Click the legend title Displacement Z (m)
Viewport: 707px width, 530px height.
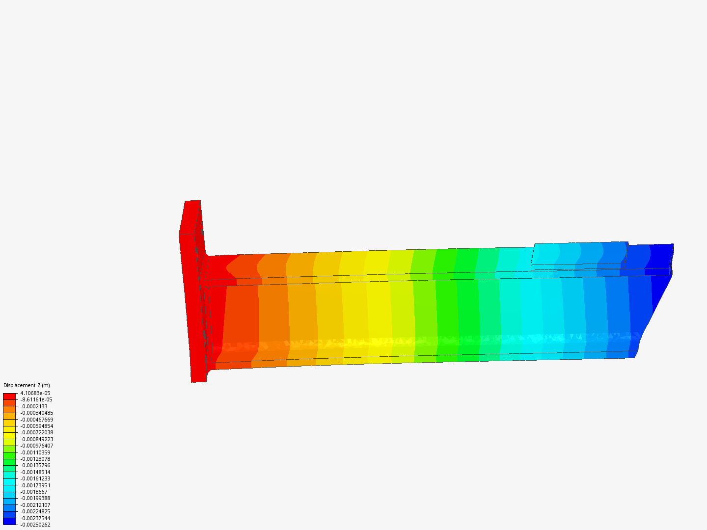pos(27,385)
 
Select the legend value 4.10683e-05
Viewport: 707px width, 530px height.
pos(35,393)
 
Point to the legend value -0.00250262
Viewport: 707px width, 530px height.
pos(35,525)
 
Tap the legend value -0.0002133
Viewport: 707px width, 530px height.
pos(34,406)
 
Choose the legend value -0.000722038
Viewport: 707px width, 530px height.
pos(37,432)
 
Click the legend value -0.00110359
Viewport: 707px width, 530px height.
pos(35,452)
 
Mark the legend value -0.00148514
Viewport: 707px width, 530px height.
pos(35,472)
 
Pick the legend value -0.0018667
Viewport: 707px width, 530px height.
pos(34,492)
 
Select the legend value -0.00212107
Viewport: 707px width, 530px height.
pos(35,505)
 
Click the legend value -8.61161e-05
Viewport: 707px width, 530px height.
pos(36,399)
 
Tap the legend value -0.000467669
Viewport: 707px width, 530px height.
pos(37,420)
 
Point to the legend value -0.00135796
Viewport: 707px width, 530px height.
pos(35,465)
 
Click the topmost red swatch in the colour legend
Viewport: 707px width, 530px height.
pos(9,396)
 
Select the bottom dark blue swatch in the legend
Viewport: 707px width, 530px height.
pos(9,521)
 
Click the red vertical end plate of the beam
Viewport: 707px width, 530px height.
pos(191,294)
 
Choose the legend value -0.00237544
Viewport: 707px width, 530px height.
pos(35,518)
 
